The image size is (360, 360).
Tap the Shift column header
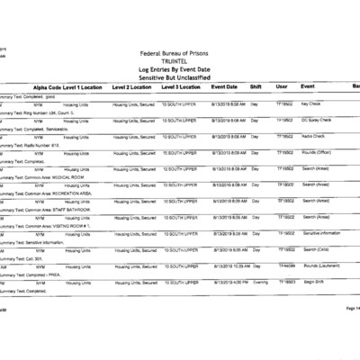tap(256, 85)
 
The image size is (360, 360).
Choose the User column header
tap(282, 85)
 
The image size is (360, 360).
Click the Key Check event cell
tap(312, 103)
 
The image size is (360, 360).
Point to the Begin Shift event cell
tap(312, 283)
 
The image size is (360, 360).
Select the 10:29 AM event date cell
tap(225, 266)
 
